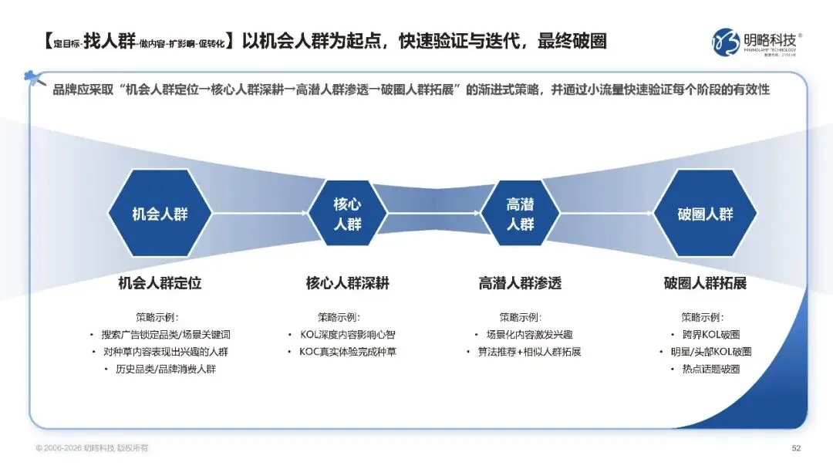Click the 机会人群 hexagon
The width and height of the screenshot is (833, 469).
point(160,214)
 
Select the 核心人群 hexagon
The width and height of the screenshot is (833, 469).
point(347,214)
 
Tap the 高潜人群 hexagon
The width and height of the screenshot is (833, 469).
point(520,214)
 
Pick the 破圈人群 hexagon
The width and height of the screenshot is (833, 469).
point(705,214)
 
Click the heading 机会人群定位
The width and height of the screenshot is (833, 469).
point(160,283)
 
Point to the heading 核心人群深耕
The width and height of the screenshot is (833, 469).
point(347,283)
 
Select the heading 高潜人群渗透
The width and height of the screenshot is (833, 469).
point(520,283)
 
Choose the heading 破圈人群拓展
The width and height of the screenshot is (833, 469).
point(705,283)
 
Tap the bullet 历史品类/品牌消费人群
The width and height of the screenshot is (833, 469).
point(166,369)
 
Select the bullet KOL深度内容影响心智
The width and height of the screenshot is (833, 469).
point(352,335)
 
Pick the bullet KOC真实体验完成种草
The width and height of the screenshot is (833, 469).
point(352,352)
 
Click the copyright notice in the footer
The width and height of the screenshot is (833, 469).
point(89,448)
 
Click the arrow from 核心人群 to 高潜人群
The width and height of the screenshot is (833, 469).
point(433,214)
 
